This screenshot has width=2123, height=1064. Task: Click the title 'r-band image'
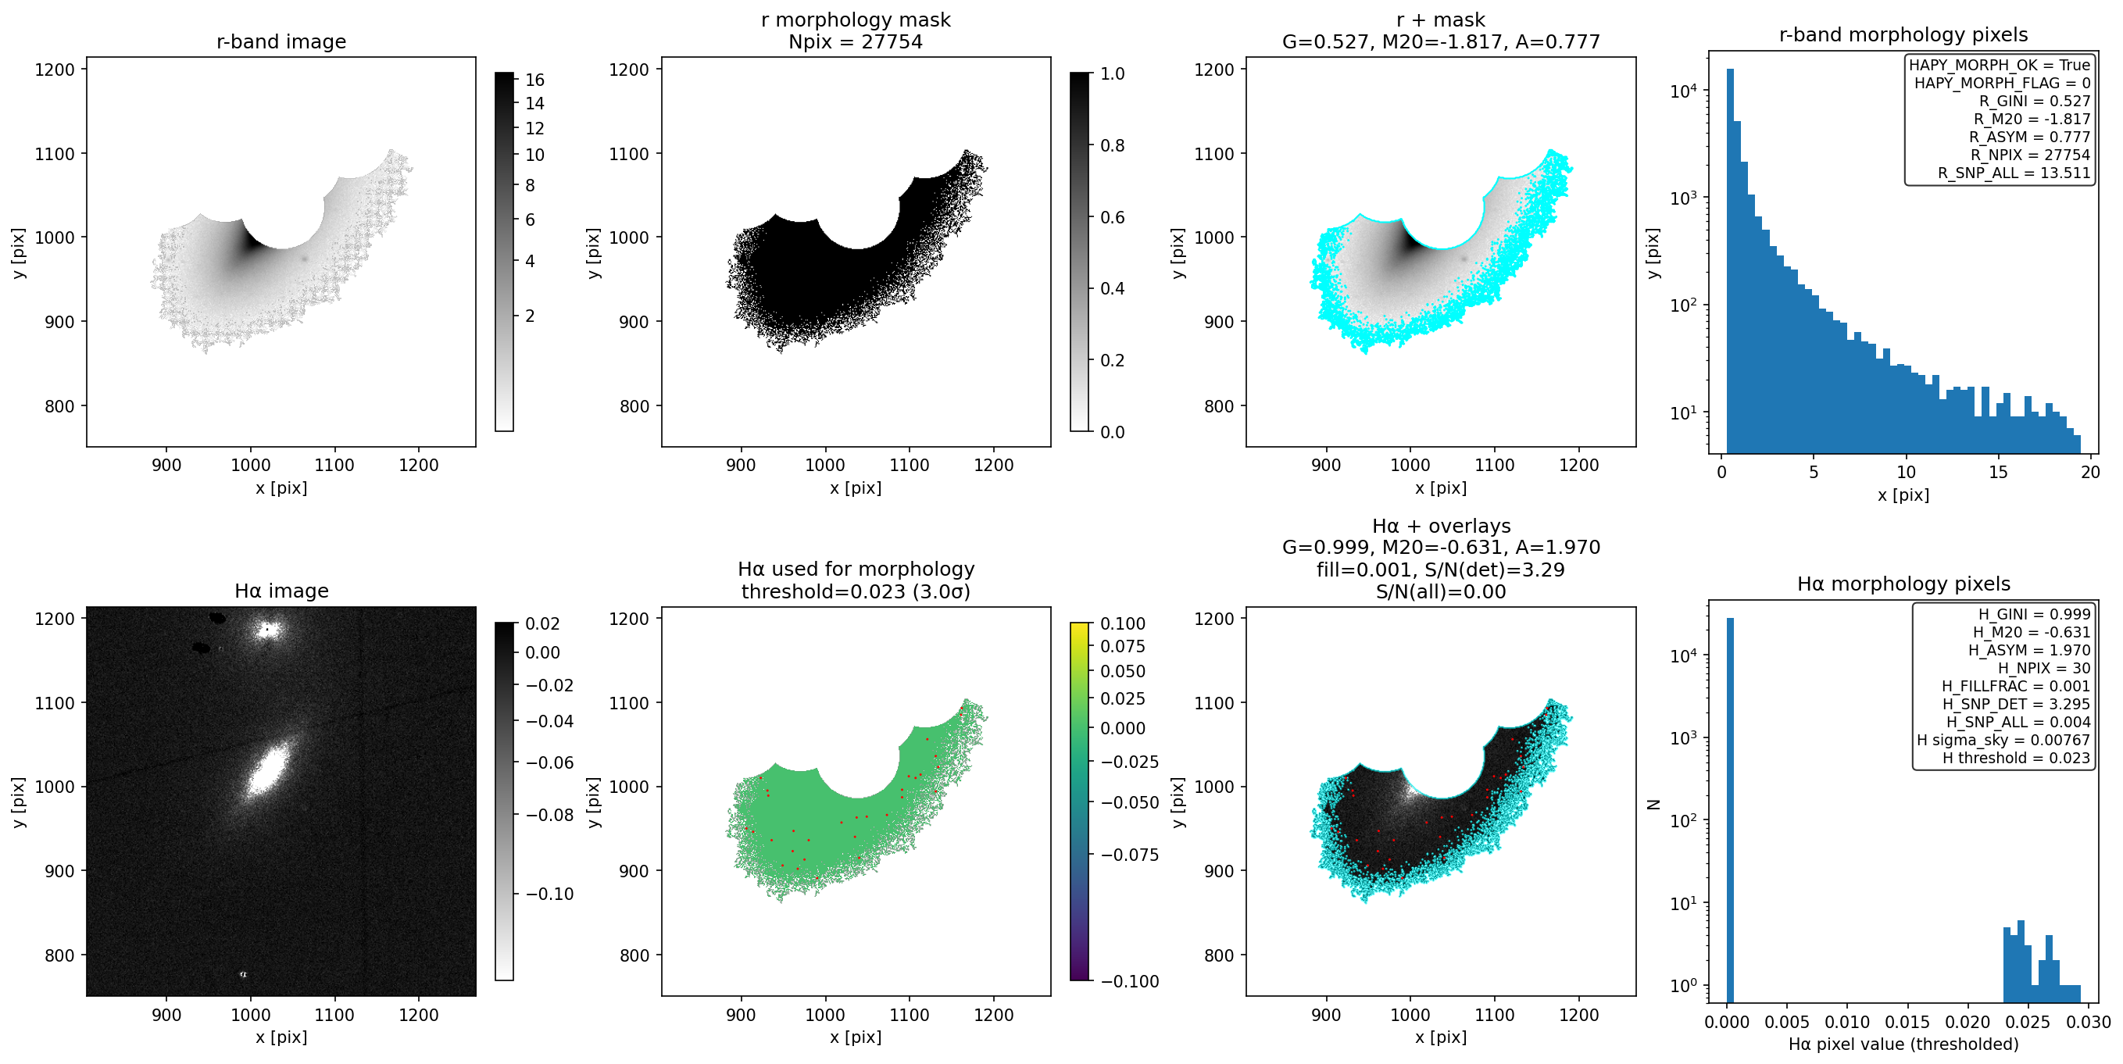click(x=281, y=41)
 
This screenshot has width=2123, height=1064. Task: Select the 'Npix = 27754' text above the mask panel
click(x=856, y=41)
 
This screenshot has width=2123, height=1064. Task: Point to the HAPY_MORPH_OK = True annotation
click(x=2000, y=65)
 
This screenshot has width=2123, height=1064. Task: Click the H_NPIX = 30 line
click(x=2044, y=669)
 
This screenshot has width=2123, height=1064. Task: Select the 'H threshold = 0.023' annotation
click(x=2016, y=759)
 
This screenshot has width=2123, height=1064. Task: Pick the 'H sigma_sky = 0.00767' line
click(x=2003, y=740)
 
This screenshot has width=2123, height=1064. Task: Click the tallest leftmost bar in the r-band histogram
click(x=1731, y=260)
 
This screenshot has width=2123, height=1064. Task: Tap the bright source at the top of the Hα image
click(x=266, y=630)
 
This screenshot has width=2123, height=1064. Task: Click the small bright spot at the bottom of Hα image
click(x=243, y=974)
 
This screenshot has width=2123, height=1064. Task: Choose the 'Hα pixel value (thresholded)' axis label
click(x=1903, y=1044)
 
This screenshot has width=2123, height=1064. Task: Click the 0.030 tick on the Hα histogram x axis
click(x=2089, y=1022)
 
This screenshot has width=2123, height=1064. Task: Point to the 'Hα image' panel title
click(x=281, y=591)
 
